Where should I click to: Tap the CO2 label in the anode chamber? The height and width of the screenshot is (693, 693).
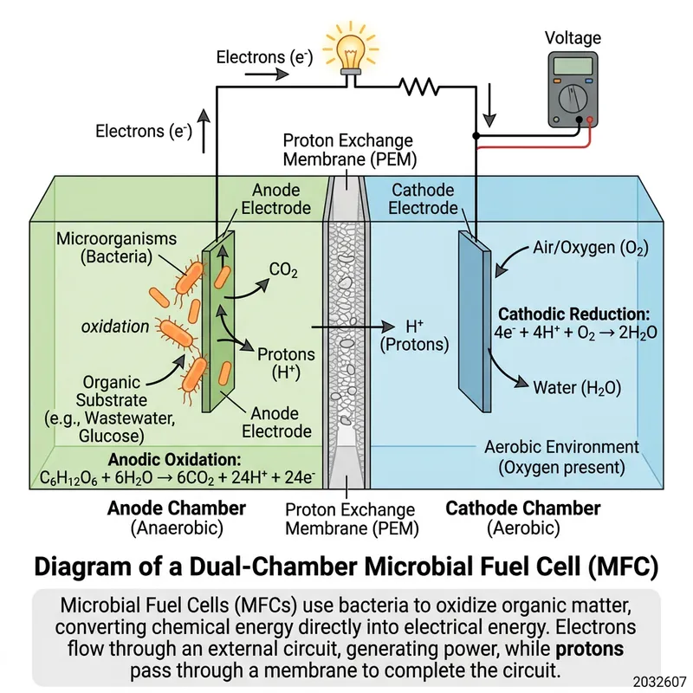[x=283, y=271]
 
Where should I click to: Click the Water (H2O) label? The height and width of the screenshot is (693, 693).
[x=578, y=387]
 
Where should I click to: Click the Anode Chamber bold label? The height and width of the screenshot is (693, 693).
[x=176, y=508]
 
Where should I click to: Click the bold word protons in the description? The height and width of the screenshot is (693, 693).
[x=578, y=649]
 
